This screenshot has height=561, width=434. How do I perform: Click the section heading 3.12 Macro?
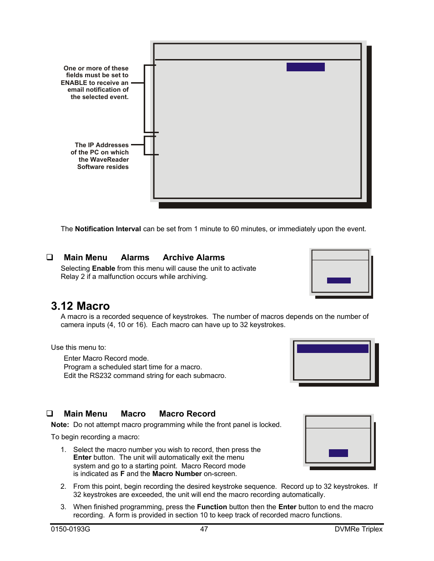pyautogui.click(x=80, y=306)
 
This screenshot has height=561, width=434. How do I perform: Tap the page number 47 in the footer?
pyautogui.click(x=204, y=529)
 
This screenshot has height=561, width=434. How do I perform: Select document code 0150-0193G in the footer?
pyautogui.click(x=71, y=529)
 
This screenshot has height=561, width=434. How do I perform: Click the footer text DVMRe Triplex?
pyautogui.click(x=358, y=529)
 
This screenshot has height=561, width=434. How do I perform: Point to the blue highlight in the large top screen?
pyautogui.click(x=305, y=67)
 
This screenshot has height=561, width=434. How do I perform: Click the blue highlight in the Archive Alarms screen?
pyautogui.click(x=338, y=280)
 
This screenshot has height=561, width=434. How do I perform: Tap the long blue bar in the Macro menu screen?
pyautogui.click(x=333, y=348)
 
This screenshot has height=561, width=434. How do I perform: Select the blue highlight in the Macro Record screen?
pyautogui.click(x=338, y=453)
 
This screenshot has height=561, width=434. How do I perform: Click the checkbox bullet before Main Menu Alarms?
pyautogui.click(x=50, y=257)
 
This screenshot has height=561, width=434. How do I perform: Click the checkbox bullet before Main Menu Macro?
pyautogui.click(x=50, y=413)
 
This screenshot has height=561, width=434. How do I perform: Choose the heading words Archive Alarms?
pyautogui.click(x=194, y=258)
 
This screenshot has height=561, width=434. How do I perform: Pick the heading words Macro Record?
pyautogui.click(x=187, y=414)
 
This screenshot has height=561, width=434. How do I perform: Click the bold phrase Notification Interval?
pyautogui.click(x=108, y=229)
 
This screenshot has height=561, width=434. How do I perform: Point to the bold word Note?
pyautogui.click(x=60, y=425)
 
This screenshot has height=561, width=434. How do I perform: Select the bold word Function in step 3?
pyautogui.click(x=212, y=507)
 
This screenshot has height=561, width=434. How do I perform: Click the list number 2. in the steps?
pyautogui.click(x=63, y=487)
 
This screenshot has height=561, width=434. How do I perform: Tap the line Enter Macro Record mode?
pyautogui.click(x=106, y=358)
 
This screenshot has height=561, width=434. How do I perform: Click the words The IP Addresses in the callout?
pyautogui.click(x=101, y=145)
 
